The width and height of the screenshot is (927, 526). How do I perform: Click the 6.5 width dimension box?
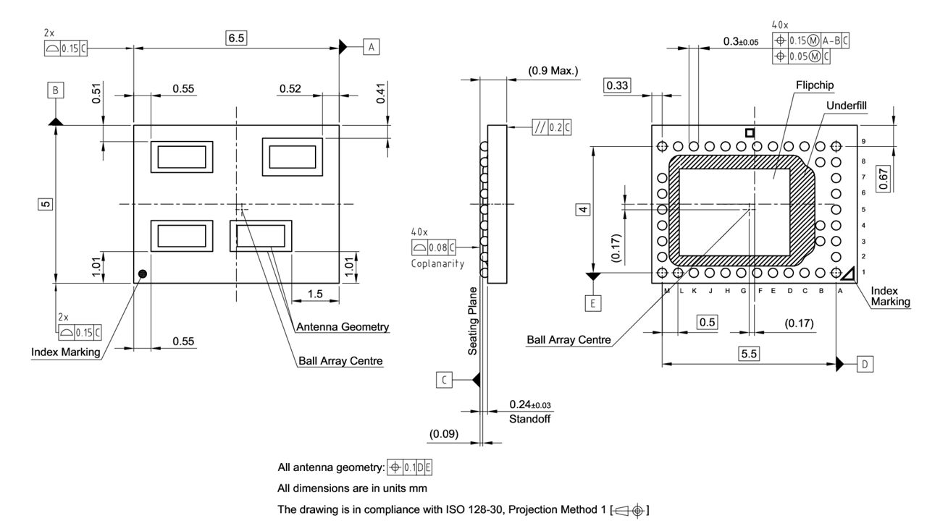point(236,39)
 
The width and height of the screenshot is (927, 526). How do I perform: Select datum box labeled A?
point(372,47)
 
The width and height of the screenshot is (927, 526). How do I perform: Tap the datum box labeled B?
point(56,90)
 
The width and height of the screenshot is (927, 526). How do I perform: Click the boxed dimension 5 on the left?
point(45,204)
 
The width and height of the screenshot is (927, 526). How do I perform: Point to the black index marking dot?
point(143,273)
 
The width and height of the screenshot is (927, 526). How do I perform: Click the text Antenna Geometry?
point(343,327)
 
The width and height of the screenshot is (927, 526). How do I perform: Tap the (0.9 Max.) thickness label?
point(553,71)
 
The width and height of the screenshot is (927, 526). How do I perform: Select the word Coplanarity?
point(438,264)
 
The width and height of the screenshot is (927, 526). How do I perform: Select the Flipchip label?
point(815,85)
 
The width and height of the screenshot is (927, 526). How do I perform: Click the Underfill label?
point(846,106)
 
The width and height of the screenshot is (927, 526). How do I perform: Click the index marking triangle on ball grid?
point(848,273)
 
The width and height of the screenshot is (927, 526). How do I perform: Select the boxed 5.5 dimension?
point(749,354)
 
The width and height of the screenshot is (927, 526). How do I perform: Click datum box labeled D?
point(865,364)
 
